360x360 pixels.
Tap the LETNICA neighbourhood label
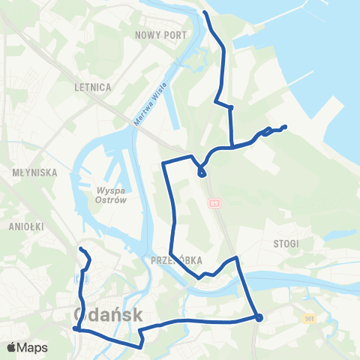point(93,87)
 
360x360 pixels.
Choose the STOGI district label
point(286,243)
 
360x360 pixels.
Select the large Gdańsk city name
point(109,315)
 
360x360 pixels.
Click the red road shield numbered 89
point(216,202)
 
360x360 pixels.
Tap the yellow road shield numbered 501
point(309,319)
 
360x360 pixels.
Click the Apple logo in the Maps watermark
point(11,347)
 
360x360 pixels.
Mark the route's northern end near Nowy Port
point(205,13)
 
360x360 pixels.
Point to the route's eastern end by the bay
point(286,126)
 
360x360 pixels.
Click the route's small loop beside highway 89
point(202,173)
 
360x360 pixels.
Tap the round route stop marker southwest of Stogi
point(259,317)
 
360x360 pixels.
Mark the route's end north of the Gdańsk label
point(81,249)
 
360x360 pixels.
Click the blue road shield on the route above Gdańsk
point(82,279)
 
